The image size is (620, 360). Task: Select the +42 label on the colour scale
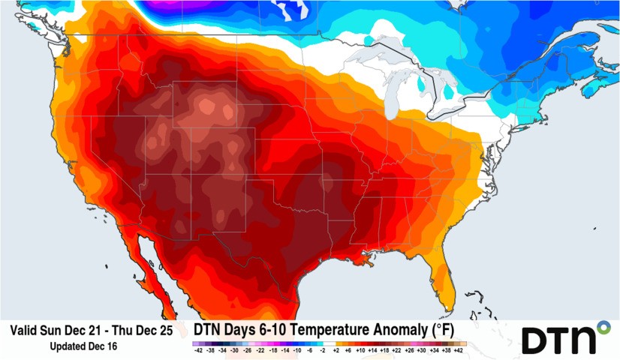[x=458, y=350]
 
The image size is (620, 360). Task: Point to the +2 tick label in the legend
[x=336, y=350]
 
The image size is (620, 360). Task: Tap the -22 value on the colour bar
[x=260, y=350]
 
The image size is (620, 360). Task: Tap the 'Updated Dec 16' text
[x=83, y=346]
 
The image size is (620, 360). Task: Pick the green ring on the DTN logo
[x=602, y=327]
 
